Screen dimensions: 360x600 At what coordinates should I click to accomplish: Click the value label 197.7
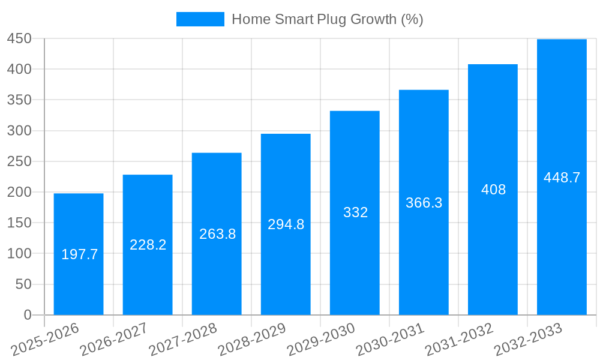click(x=79, y=254)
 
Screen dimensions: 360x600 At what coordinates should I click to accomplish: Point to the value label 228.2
click(x=148, y=245)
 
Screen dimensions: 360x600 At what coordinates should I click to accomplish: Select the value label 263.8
click(x=217, y=234)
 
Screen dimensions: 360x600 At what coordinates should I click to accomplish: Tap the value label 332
click(x=355, y=212)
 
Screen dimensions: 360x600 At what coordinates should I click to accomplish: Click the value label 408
click(x=493, y=190)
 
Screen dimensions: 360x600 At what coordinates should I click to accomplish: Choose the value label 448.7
click(x=562, y=178)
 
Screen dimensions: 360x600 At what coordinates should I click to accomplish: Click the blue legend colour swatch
click(x=200, y=19)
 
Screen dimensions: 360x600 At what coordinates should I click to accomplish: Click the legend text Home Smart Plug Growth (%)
click(x=327, y=19)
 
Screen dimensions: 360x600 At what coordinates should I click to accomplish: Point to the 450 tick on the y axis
click(x=19, y=38)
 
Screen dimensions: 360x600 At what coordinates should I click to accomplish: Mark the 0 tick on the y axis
click(x=27, y=315)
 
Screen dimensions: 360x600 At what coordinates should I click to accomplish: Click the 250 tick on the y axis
click(x=19, y=161)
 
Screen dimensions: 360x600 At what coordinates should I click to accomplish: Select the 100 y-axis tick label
click(x=19, y=253)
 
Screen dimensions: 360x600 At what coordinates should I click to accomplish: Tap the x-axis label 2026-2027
click(x=115, y=340)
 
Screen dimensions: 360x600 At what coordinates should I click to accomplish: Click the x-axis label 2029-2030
click(x=322, y=340)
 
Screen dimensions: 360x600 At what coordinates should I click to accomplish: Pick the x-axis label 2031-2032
click(x=460, y=340)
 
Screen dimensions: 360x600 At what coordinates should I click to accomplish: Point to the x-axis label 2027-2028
click(x=184, y=340)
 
